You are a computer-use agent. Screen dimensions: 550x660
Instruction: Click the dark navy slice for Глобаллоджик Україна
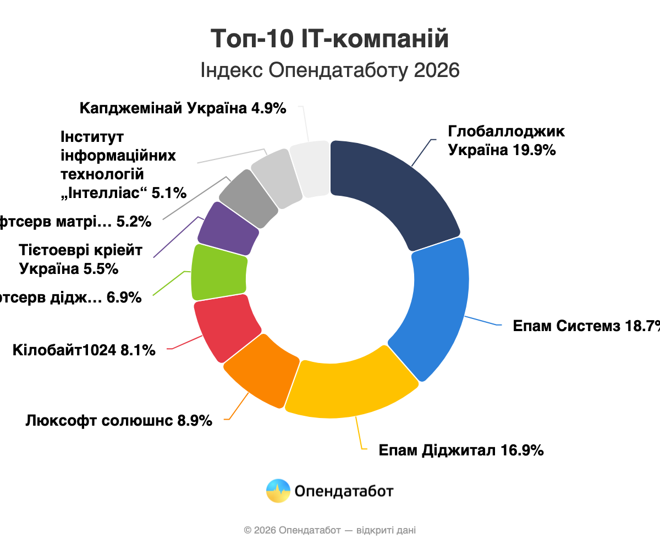pos(396,187)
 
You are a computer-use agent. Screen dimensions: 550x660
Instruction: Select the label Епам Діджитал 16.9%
pos(461,450)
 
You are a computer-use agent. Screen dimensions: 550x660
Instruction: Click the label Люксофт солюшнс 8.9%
pos(119,421)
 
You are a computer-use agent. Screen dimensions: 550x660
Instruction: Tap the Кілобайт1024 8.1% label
pos(84,350)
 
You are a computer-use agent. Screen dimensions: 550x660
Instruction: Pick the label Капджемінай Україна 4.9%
pos(183,108)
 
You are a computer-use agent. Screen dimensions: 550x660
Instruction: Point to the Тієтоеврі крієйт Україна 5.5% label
pos(80,260)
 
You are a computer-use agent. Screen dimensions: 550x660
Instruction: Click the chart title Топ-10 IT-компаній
pos(330,40)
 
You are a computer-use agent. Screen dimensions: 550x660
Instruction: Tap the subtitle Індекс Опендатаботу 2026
pos(330,70)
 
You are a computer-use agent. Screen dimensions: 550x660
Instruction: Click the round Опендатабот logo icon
pos(278,491)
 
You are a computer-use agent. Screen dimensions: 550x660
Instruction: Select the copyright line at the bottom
pos(330,530)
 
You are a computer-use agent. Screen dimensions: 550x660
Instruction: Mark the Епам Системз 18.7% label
pos(586,326)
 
